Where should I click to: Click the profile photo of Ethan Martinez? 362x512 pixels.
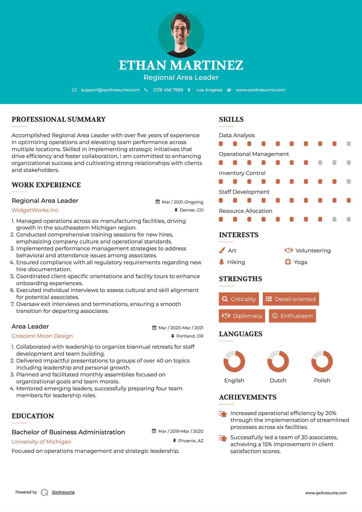click(181, 34)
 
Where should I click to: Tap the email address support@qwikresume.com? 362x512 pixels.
click(110, 90)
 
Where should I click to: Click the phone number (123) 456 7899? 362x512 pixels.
click(168, 90)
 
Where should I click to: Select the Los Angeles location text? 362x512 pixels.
click(209, 90)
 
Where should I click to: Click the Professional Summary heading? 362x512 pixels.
click(59, 119)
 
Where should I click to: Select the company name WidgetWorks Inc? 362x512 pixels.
click(36, 210)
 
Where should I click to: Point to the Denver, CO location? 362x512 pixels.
click(191, 210)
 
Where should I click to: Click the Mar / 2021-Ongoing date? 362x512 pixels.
click(182, 202)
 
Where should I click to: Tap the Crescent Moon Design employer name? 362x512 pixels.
click(42, 336)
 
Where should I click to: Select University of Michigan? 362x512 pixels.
click(41, 442)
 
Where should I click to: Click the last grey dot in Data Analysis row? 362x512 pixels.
click(349, 144)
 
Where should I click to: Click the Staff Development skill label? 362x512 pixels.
click(244, 192)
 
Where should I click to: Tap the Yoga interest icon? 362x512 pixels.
click(288, 262)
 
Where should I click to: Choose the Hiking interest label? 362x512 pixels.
click(236, 262)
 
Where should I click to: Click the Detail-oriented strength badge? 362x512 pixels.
click(291, 299)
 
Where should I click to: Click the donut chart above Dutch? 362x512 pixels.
click(278, 361)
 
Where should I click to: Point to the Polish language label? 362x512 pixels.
click(322, 381)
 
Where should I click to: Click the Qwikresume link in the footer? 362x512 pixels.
click(63, 492)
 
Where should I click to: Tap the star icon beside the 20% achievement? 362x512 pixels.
click(223, 414)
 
